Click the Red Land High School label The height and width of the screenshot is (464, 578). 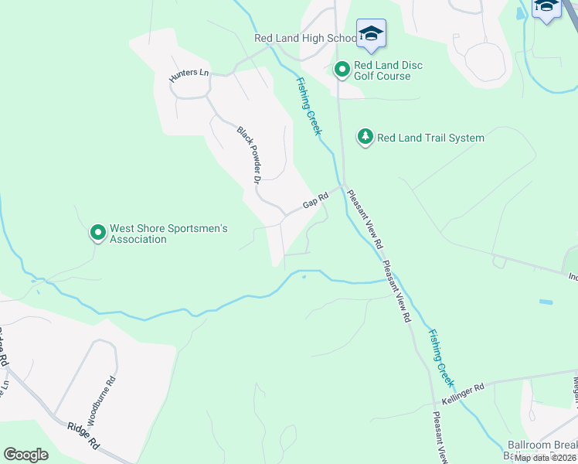[x=304, y=38]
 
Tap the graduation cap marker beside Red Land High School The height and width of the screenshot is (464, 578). [x=371, y=34]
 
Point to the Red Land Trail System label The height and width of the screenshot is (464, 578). [x=430, y=138]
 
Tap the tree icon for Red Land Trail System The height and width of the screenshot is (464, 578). [x=365, y=138]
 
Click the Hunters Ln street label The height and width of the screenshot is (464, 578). [x=189, y=73]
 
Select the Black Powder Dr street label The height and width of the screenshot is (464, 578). [x=246, y=155]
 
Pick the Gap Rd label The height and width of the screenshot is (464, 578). [x=316, y=200]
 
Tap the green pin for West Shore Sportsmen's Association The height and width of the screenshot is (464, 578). [x=97, y=232]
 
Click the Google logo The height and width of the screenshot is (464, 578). [x=25, y=455]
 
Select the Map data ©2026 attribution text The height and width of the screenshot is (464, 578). [x=544, y=458]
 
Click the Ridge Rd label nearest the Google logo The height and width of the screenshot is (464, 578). [x=83, y=436]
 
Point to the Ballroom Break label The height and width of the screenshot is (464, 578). [x=542, y=445]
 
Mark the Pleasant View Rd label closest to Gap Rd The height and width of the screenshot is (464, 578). [x=365, y=219]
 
